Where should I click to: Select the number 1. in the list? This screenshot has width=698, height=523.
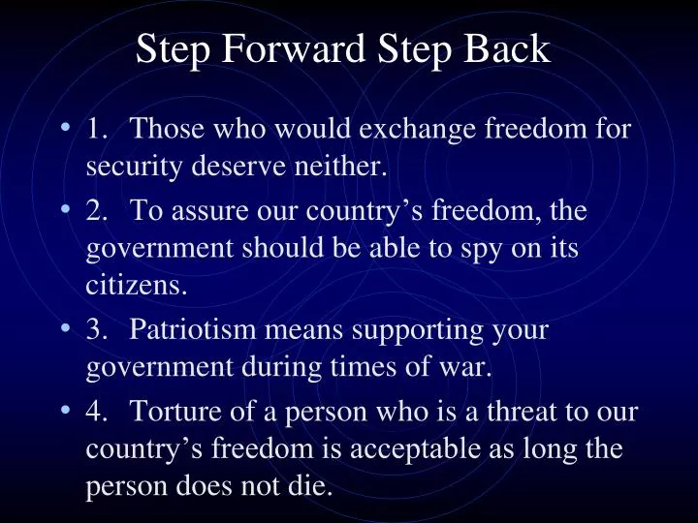point(98,129)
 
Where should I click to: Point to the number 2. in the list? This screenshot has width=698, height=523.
point(98,210)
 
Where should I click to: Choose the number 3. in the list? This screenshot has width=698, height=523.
point(98,330)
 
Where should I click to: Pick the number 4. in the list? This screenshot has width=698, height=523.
point(98,412)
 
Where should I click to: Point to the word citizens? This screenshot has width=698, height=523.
point(137,287)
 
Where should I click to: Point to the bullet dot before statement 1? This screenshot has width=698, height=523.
point(65,129)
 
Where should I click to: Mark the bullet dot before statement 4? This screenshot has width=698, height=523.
point(65,412)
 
